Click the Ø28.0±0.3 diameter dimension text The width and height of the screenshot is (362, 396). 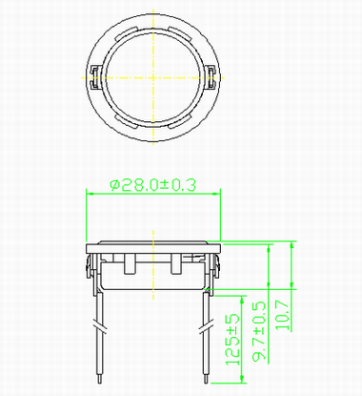point(153,185)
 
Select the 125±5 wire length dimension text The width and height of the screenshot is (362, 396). point(232,340)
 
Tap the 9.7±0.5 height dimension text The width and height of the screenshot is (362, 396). point(259,331)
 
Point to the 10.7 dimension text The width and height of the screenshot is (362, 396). point(283,315)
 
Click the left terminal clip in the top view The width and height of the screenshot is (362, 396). point(95,77)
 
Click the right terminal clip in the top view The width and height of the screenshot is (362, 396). point(211,77)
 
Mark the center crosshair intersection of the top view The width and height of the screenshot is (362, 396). point(153,77)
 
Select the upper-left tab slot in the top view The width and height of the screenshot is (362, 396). point(127,34)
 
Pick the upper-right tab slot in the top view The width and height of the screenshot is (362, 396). point(180,34)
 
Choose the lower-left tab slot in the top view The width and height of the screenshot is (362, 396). point(127,121)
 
